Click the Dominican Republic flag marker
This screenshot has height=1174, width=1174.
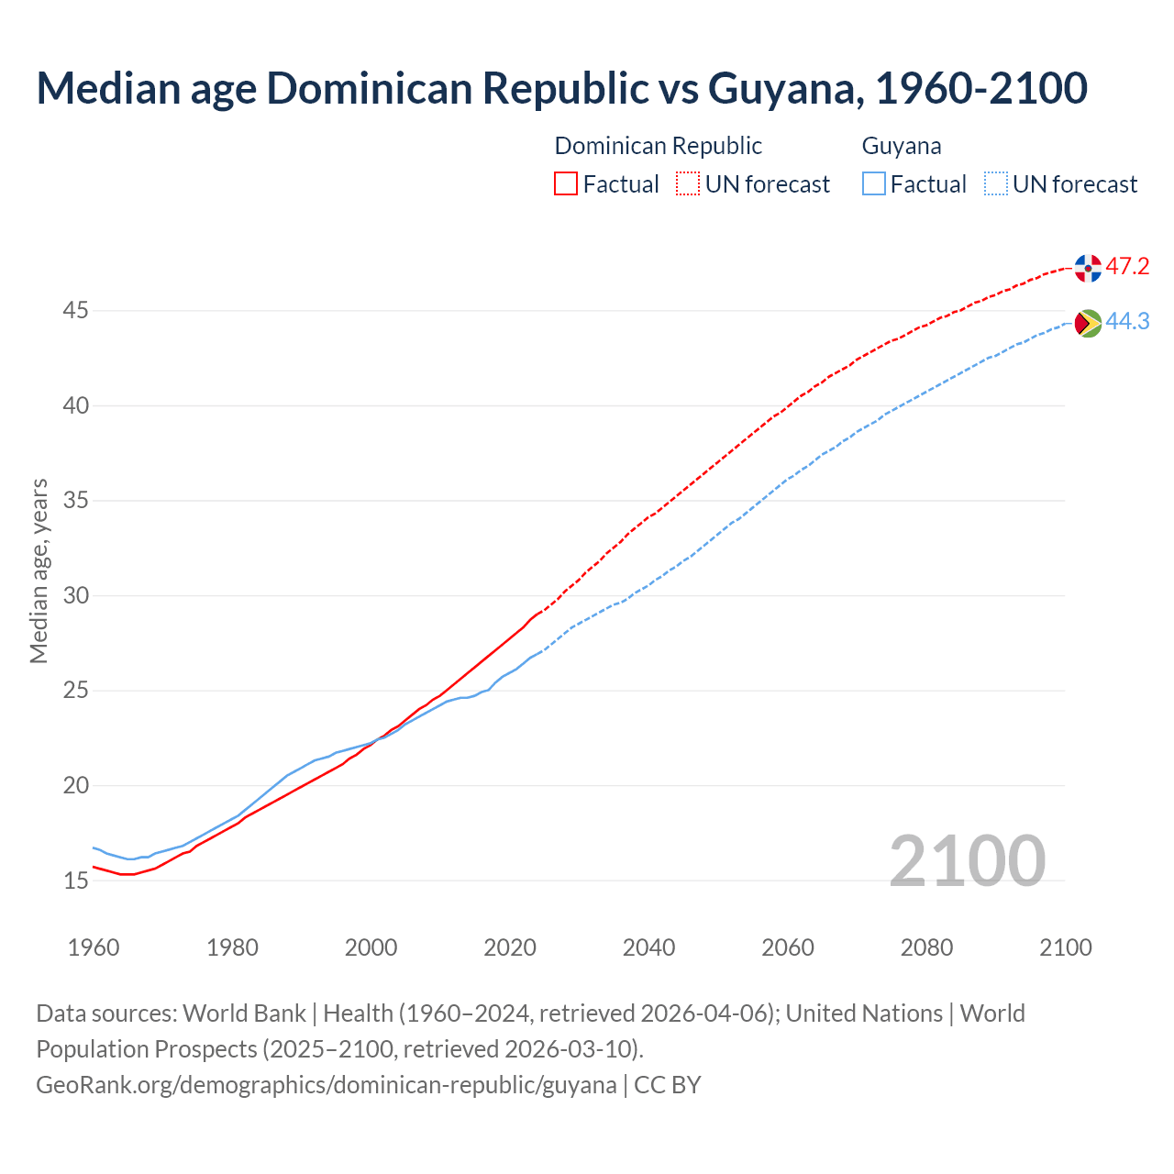coord(1088,268)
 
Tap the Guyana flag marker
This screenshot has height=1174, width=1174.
coord(1088,323)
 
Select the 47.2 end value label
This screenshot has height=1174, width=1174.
coord(1127,267)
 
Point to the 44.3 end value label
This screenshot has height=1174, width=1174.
coord(1127,322)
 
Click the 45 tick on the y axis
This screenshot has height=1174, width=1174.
coord(75,311)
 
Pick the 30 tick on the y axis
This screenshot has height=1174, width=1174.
coord(75,595)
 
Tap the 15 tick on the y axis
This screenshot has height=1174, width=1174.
coord(75,880)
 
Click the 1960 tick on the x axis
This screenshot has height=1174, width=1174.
coord(94,947)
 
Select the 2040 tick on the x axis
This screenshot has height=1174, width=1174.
coord(648,947)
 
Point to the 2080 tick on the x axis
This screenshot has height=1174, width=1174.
coord(926,947)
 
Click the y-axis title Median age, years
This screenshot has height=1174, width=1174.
coord(39,570)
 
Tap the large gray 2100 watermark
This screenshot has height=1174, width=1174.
coord(967,860)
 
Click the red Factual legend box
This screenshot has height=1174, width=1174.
coord(566,184)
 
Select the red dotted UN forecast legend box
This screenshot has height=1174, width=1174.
coord(688,184)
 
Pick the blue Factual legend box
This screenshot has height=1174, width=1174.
coord(874,184)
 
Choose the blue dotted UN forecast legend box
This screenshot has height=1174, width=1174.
coord(996,184)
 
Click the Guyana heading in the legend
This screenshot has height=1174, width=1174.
coord(902,146)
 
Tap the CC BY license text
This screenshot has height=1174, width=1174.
coord(668,1085)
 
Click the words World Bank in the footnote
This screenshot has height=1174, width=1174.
coord(244,1013)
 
